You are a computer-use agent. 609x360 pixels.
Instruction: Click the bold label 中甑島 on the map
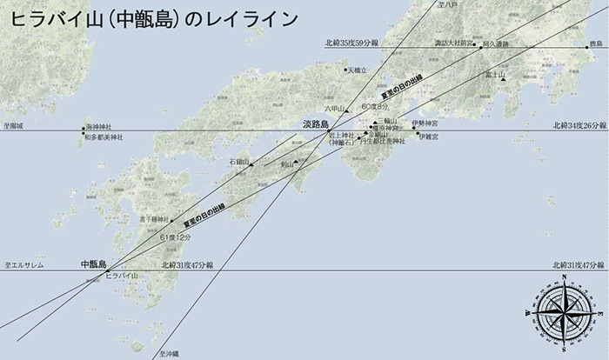[x=92, y=263]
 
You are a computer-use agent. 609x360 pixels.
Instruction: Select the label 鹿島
[x=595, y=43]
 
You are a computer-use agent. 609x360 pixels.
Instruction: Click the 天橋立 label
[x=358, y=70]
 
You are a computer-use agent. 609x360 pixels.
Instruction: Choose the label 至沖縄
[x=169, y=354]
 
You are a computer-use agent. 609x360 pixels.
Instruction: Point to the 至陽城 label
[x=14, y=127]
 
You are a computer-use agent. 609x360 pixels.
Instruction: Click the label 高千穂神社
[x=153, y=219]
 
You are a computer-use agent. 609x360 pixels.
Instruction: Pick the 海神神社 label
[x=104, y=128]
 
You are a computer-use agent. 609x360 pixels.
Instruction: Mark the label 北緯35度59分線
[x=350, y=43]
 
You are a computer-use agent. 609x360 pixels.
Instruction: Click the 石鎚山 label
[x=239, y=162]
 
